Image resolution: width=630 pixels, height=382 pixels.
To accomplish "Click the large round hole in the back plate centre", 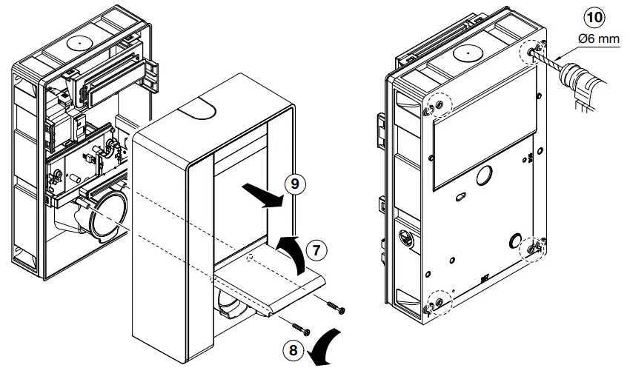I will coord(485,175).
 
